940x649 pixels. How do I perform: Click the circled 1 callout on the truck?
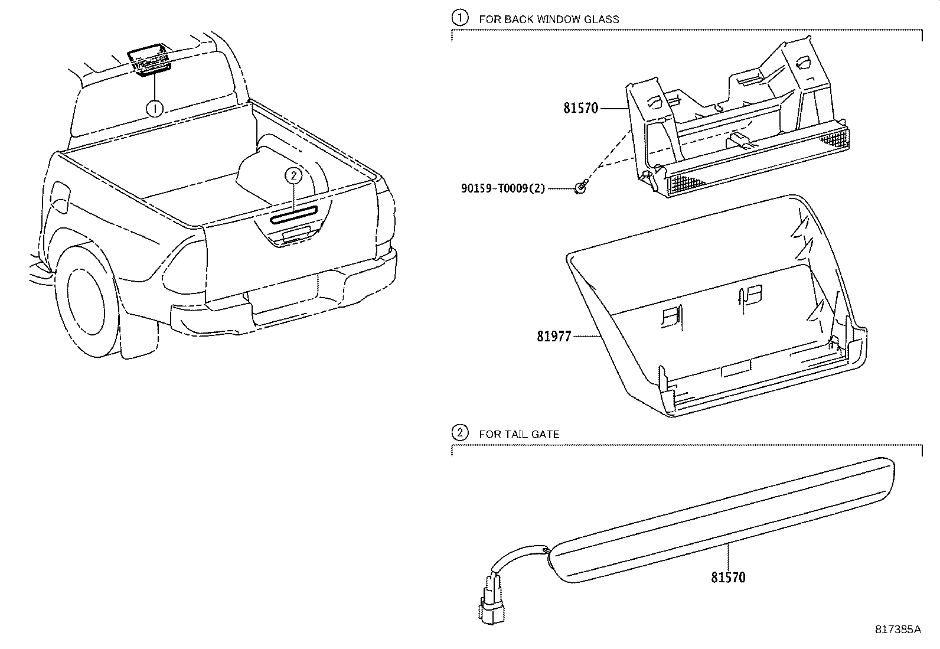pos(155,109)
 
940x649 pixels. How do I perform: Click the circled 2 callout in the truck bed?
pos(293,175)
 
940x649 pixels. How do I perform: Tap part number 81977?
pos(554,337)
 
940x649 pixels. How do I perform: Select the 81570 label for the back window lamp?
pos(580,109)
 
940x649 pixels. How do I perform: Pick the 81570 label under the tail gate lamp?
pos(728,578)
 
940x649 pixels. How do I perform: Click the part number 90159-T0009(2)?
pos(503,188)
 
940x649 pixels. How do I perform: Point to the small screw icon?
pos(582,187)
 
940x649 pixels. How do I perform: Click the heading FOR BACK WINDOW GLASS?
pos(549,19)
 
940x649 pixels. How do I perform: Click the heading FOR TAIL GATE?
pos(519,434)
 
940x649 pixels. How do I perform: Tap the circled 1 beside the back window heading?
pos(459,18)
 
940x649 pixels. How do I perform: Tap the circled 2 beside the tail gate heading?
pos(459,433)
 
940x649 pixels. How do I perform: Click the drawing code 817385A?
pos(897,630)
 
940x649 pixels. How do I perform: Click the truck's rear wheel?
pos(87,308)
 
